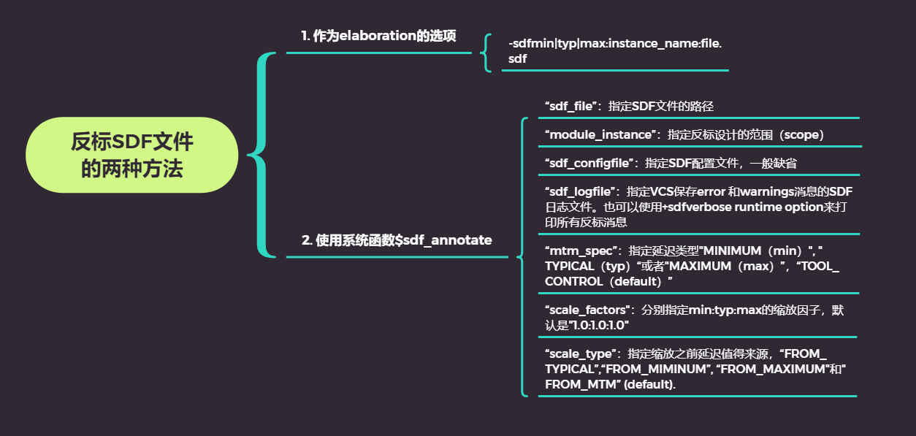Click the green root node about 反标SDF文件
[132, 155]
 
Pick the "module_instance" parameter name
[599, 134]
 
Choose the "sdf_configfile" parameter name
[588, 163]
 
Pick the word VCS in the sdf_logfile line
[673, 191]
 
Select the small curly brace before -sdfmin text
[486, 52]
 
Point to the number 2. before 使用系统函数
[307, 240]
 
